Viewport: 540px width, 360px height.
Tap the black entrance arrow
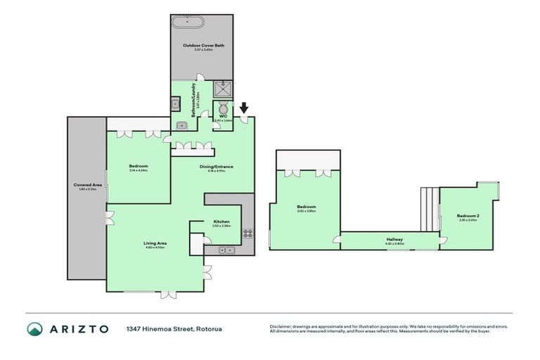tap(244, 108)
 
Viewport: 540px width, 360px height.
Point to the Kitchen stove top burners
tap(247, 233)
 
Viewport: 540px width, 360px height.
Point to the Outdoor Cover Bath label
tap(204, 46)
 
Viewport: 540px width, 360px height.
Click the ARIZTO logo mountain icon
tap(36, 329)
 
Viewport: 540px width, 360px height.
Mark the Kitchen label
tap(222, 222)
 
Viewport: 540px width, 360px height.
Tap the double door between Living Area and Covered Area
tap(109, 218)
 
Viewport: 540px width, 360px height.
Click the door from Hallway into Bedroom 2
tap(442, 240)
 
